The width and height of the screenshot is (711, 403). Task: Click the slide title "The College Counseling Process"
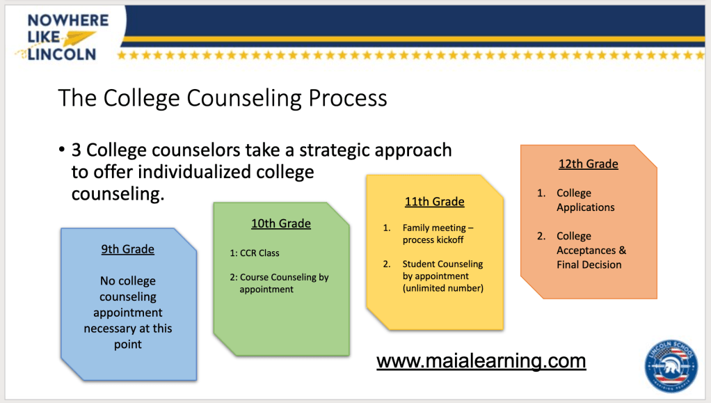[223, 98]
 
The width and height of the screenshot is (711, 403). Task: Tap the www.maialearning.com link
[481, 361]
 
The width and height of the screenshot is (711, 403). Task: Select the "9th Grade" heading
[128, 249]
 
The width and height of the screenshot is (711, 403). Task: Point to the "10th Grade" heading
[281, 223]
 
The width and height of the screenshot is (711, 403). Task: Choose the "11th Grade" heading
[434, 202]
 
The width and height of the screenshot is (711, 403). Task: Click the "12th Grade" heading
[588, 164]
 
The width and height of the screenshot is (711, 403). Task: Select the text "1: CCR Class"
[255, 253]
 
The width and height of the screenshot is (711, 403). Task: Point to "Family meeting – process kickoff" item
[438, 234]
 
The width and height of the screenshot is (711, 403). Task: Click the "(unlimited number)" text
[443, 288]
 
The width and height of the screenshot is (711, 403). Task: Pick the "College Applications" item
[585, 200]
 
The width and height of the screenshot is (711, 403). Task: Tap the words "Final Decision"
[589, 264]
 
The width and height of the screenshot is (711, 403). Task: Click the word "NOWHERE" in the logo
[68, 20]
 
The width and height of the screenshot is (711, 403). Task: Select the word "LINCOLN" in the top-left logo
[62, 54]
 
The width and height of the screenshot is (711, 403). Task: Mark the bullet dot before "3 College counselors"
[62, 150]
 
